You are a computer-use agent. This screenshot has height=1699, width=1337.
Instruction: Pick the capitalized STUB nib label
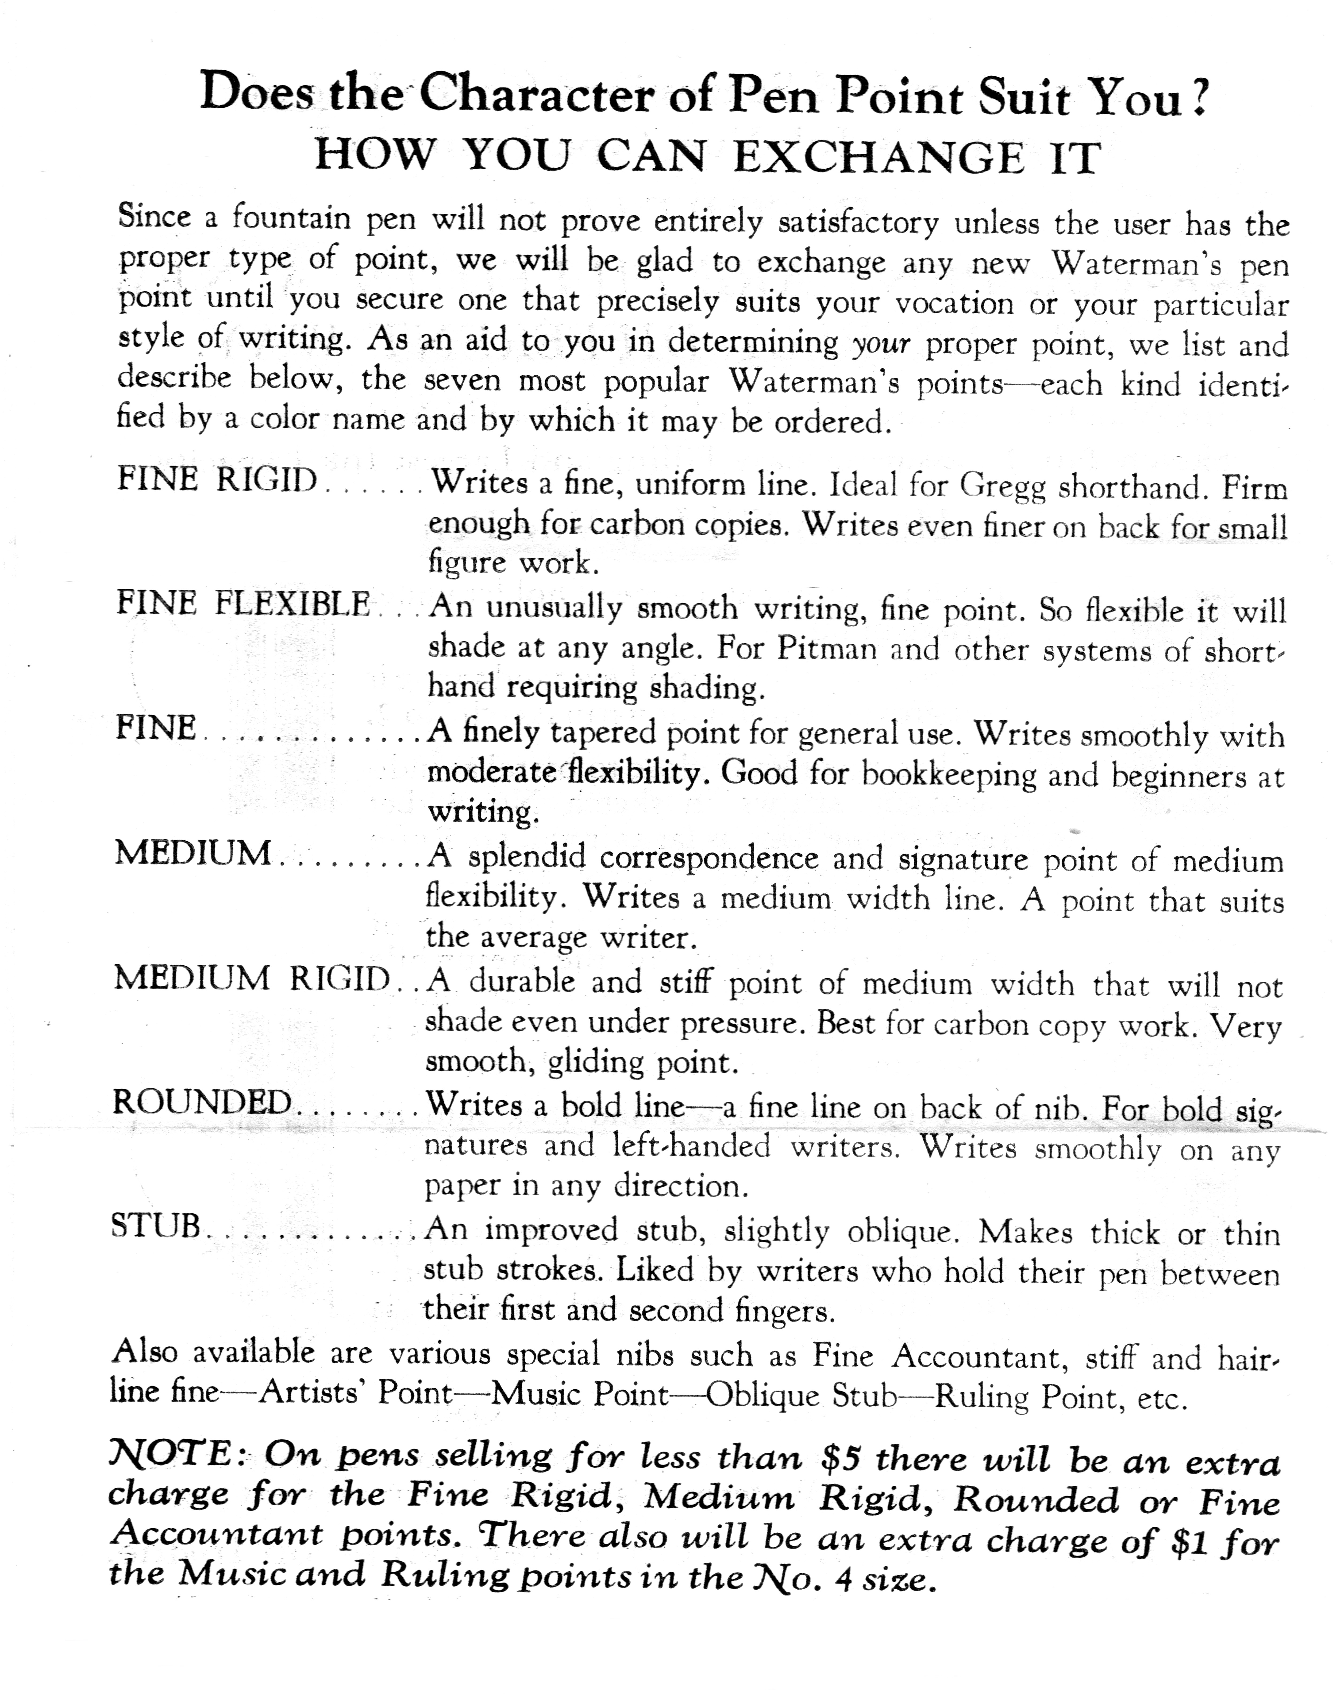(x=156, y=1226)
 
